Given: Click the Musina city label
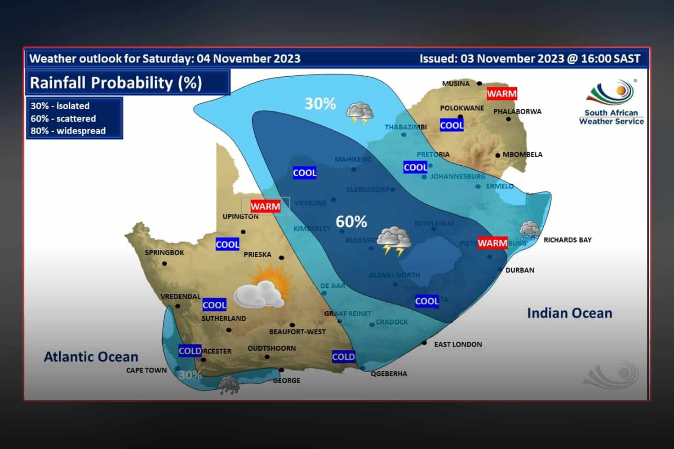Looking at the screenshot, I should pos(456,84).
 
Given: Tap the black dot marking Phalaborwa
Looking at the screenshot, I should pos(509,119).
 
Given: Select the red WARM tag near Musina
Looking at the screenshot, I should pos(502,94).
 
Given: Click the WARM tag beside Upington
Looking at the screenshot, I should pos(265,206).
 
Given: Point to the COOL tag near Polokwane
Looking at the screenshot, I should pos(452,125).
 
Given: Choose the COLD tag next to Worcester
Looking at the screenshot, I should pos(190,351).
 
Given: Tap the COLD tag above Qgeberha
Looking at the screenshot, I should pos(343,357).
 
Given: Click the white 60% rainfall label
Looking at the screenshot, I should pos(351,221).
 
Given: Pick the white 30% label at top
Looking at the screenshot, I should pos(320,104).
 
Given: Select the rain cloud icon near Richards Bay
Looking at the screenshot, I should pos(529,230).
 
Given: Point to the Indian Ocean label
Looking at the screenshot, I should pos(569,313).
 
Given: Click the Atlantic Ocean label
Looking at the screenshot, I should pos(91,357).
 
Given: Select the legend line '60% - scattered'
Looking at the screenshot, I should pos(63,119).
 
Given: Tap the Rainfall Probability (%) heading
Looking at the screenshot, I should pos(116,83).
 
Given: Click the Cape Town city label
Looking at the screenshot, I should pos(146,370).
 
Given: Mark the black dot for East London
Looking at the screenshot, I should pos(424,343).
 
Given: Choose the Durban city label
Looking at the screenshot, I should pos(520,270).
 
